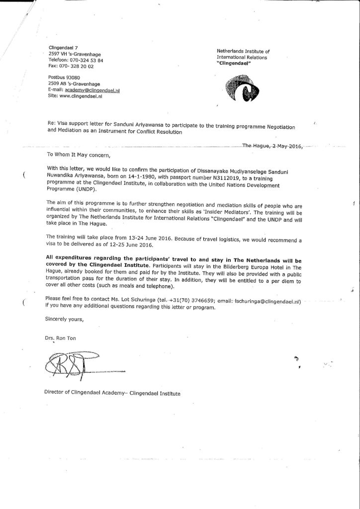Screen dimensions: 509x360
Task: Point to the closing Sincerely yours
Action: click(63, 319)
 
